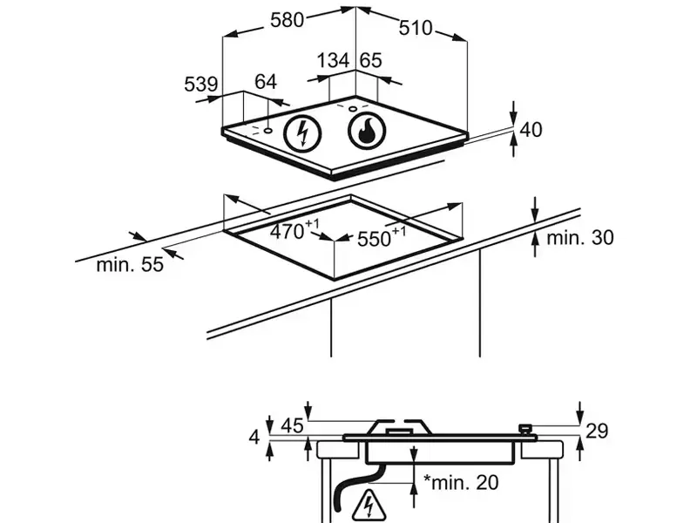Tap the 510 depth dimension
416,28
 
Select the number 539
200,85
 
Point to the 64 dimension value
265,82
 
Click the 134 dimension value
333,60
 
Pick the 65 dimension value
370,60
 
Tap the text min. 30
580,237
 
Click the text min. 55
130,265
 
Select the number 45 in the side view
292,426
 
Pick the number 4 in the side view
254,436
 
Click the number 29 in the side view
597,430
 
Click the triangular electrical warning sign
366,505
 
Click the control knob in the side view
525,429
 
